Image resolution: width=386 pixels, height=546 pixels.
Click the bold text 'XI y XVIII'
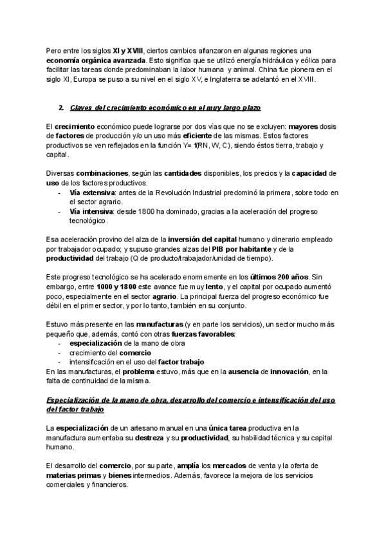point(129,51)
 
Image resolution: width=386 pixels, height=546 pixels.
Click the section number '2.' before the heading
point(60,106)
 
